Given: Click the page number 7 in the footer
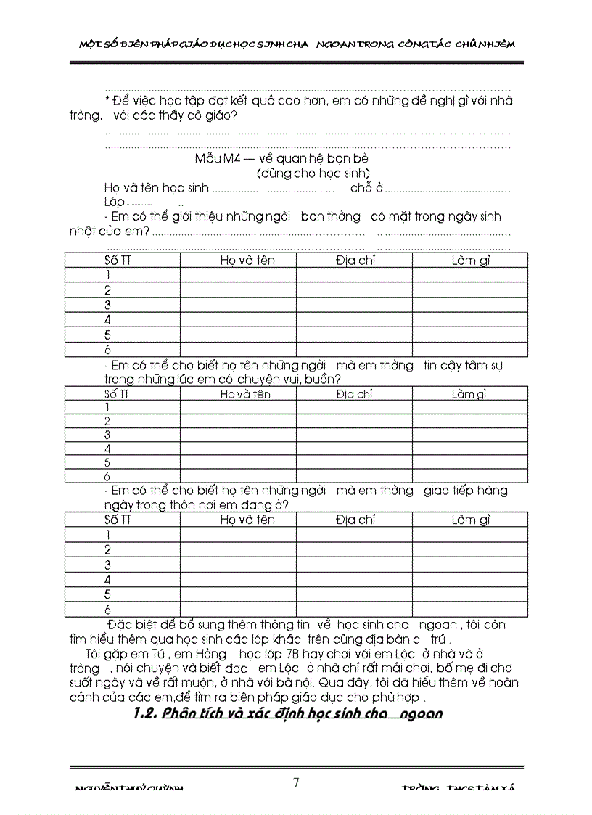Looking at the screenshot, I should pos(296,782).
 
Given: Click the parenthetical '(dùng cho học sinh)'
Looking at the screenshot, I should pos(313,173).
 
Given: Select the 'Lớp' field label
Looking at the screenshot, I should pos(115,202).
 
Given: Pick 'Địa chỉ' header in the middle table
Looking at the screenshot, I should pos(354,394).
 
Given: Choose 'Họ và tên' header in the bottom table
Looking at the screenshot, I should pos(247,520).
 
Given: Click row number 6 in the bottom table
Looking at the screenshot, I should pos(107,610).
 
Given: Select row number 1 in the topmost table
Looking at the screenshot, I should pos(107,275).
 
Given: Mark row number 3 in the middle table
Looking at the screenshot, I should pos(107,435).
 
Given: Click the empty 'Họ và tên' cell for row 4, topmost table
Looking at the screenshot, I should pos(238,320).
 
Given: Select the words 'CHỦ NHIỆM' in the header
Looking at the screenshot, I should pos(485,44).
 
